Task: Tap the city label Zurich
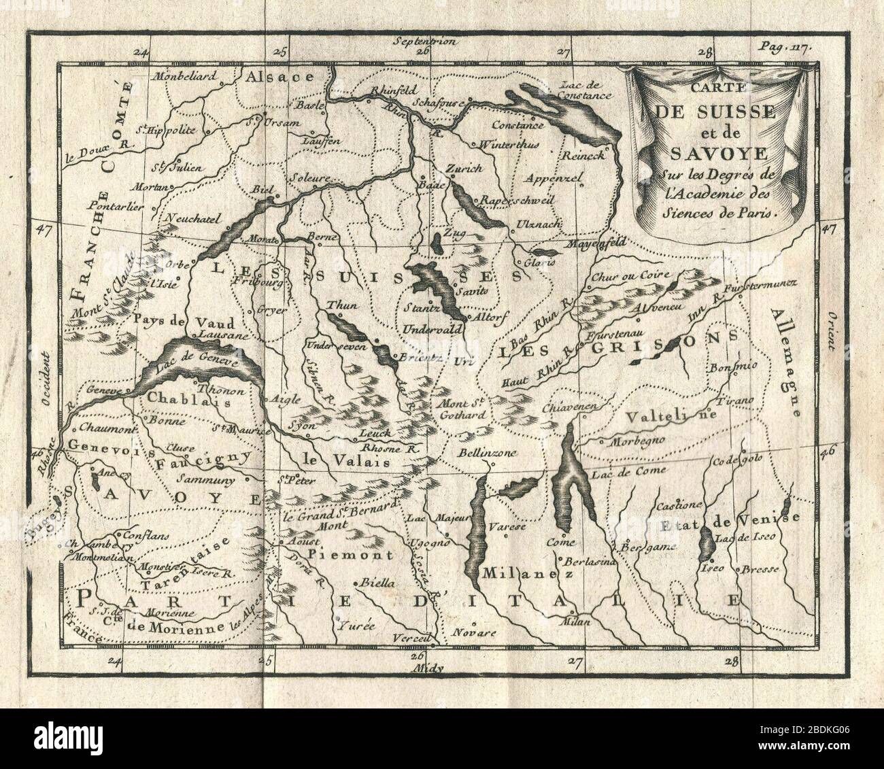[x=464, y=168]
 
